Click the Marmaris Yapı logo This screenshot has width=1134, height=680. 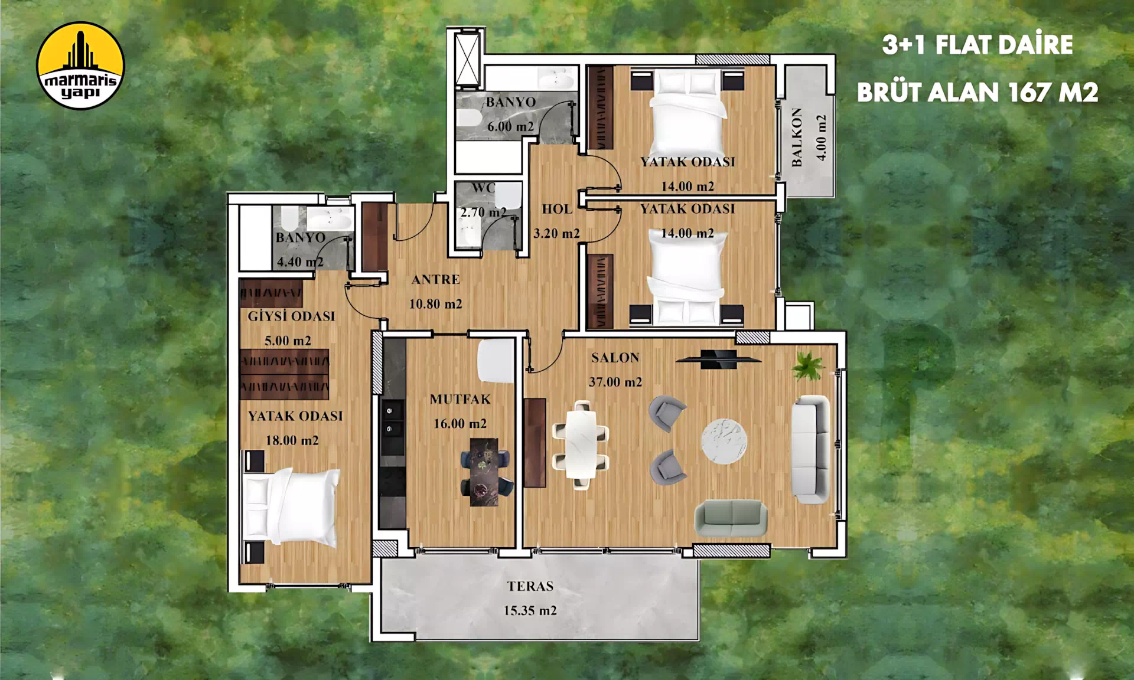point(80,66)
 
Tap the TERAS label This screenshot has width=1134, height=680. point(530,586)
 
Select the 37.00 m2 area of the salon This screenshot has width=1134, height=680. point(615,382)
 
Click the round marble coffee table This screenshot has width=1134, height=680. point(724,441)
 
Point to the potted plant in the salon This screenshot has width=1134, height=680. point(808,365)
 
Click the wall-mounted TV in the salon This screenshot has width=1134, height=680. point(718,359)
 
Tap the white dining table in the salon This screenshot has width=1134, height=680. point(581,445)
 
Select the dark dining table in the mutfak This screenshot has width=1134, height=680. point(484,472)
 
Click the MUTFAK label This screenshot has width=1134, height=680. point(461,399)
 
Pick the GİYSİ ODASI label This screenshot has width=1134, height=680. point(291,316)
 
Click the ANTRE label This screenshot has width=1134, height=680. point(436,279)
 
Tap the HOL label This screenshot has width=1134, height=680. point(557,209)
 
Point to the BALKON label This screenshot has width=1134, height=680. point(797,137)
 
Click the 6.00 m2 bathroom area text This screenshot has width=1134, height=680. point(510,126)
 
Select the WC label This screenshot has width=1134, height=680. point(483,188)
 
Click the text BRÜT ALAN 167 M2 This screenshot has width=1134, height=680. point(977,92)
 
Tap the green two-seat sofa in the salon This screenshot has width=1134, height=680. point(731,518)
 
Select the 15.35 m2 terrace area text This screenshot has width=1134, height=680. point(530,610)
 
